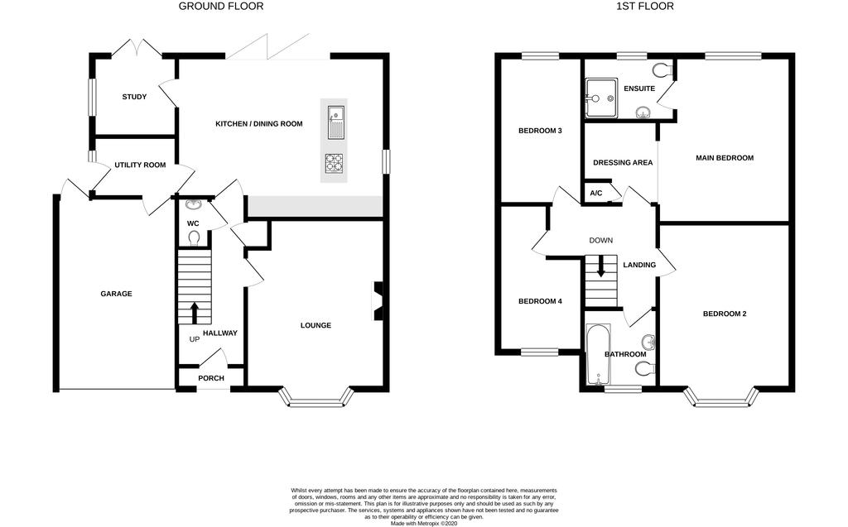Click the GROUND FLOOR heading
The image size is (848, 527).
click(221, 7)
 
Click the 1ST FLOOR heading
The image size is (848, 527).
click(645, 7)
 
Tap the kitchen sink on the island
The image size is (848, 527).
click(335, 120)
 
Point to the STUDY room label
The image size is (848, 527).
click(134, 98)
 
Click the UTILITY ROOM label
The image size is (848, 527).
click(140, 165)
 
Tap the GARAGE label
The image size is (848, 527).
click(116, 294)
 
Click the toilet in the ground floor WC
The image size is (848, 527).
click(194, 238)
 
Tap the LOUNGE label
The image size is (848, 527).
click(316, 325)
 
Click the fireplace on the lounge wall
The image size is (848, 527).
click(378, 300)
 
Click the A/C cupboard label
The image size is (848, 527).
click(595, 194)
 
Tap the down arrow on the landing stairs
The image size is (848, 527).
click(600, 269)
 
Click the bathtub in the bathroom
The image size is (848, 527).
click(597, 356)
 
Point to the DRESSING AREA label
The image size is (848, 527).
click(623, 163)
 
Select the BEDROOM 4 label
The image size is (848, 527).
click(540, 301)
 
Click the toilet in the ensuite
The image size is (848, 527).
click(662, 69)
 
